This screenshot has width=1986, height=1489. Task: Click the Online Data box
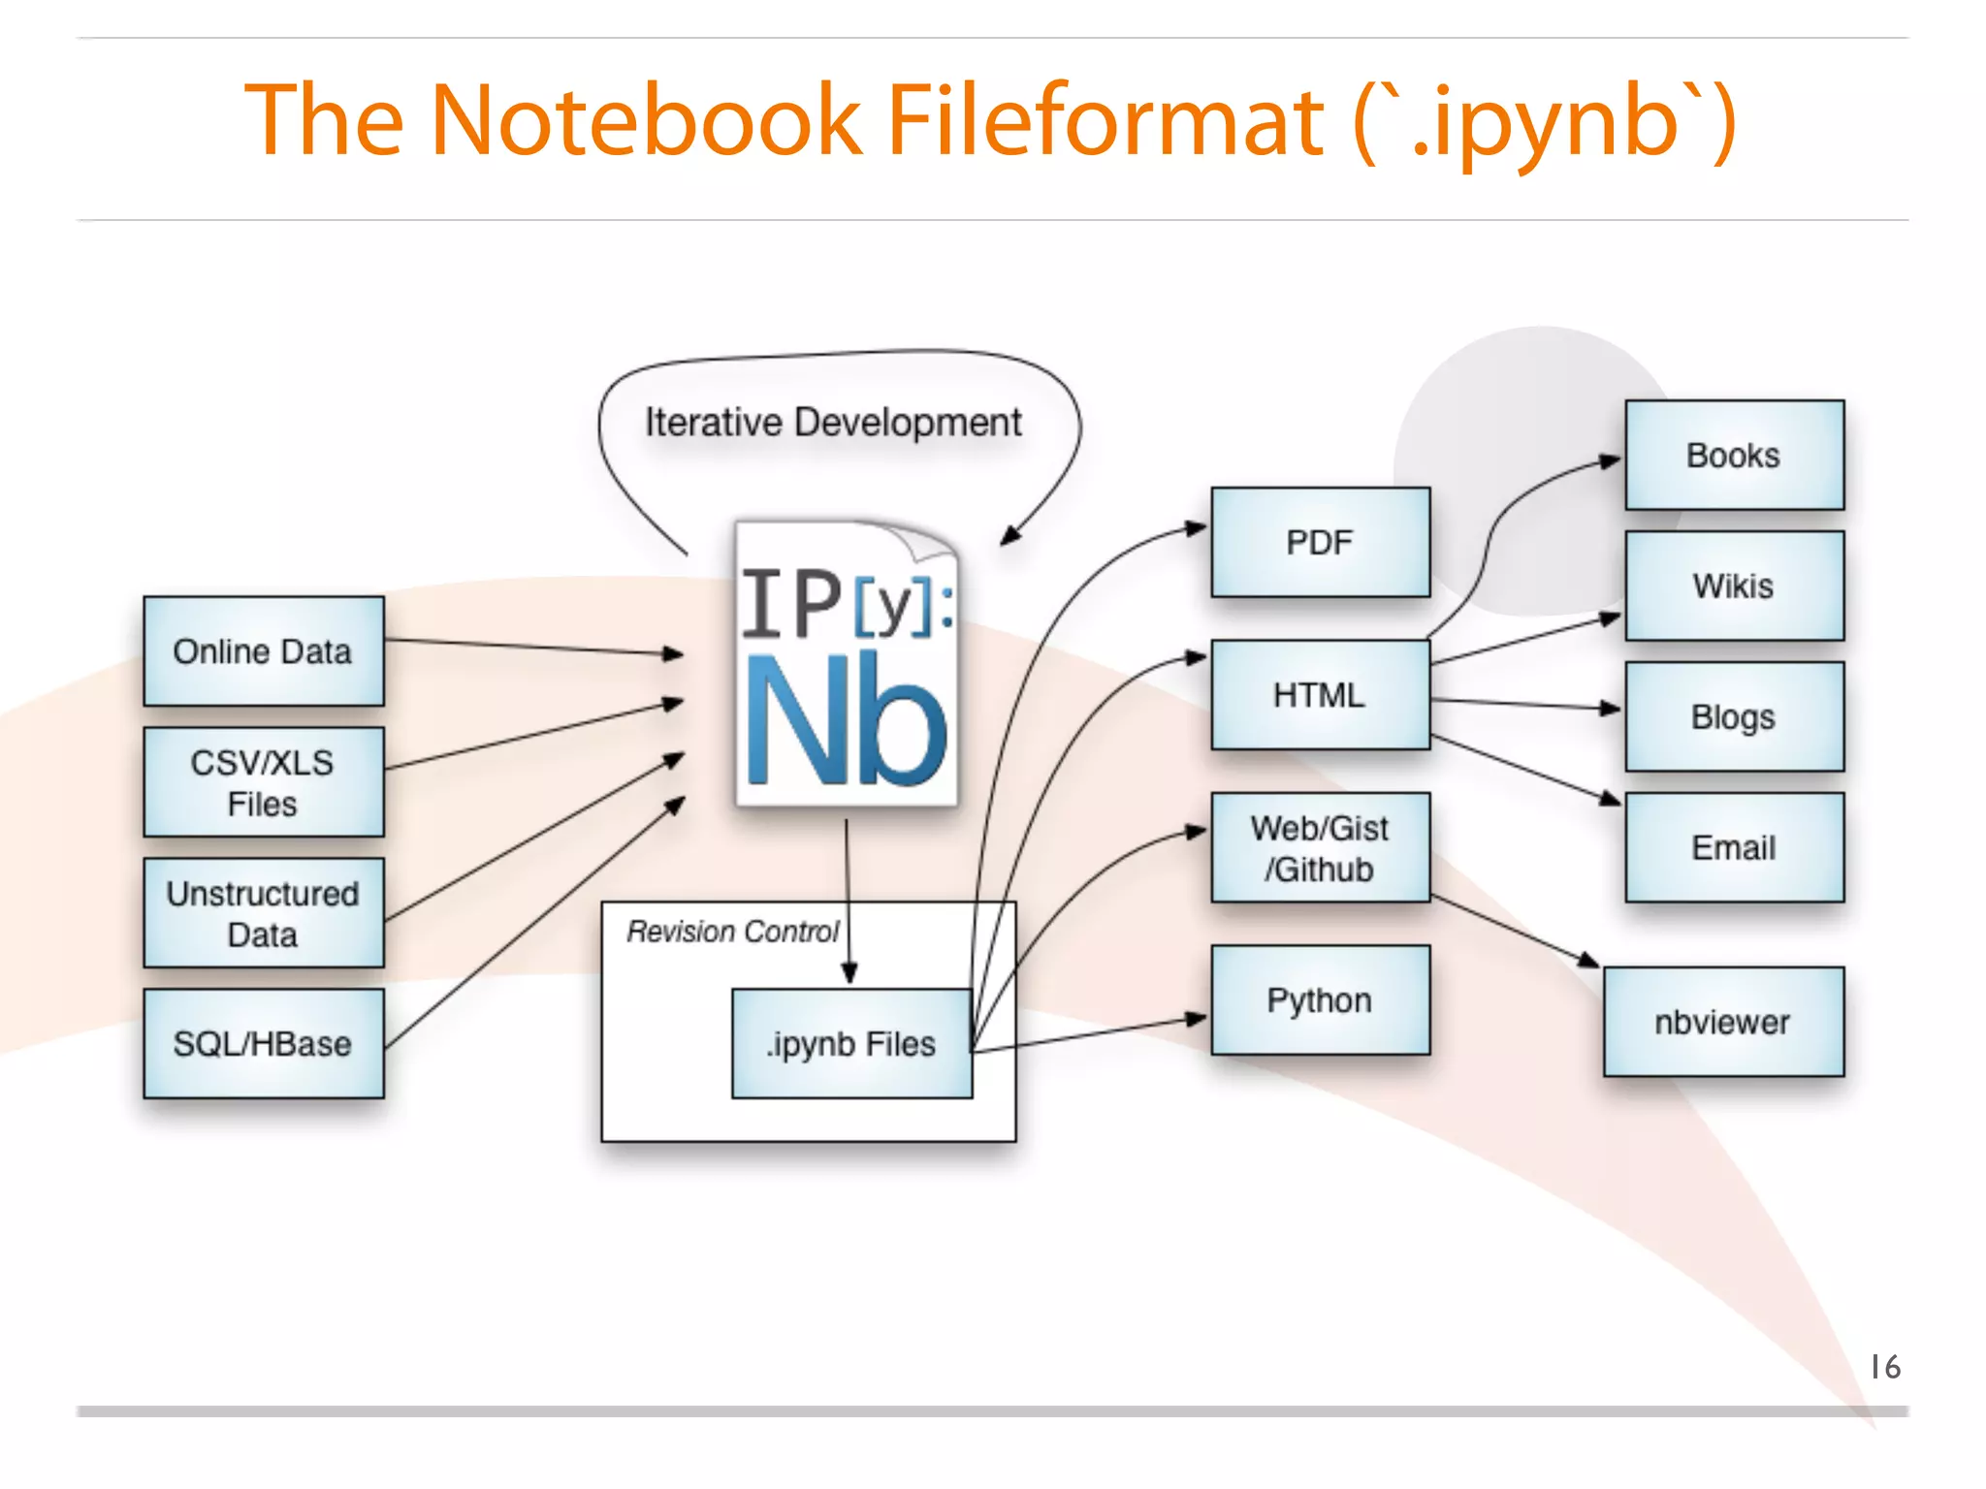tap(263, 651)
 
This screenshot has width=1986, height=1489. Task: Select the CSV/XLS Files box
tap(263, 782)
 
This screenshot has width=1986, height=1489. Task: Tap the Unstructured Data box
tap(263, 913)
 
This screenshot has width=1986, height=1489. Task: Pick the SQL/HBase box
tap(263, 1043)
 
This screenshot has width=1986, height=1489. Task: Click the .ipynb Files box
tap(851, 1043)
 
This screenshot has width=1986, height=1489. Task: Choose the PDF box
tap(1320, 542)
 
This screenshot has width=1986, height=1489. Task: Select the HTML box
tap(1320, 694)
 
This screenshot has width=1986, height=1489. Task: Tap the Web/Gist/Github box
tap(1320, 847)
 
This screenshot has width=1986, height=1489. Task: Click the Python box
tap(1320, 999)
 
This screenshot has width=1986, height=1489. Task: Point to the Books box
tap(1734, 455)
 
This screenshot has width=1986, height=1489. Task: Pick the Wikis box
tap(1734, 586)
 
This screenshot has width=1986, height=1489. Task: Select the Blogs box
tap(1734, 716)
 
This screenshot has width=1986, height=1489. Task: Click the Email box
tap(1734, 847)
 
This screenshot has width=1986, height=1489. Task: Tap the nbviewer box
tap(1723, 1022)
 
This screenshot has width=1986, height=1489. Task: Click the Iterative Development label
tap(833, 423)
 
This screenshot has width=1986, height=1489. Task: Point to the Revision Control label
tap(732, 932)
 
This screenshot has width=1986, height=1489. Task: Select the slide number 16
tap(1885, 1367)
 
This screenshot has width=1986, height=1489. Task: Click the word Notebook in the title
tap(645, 120)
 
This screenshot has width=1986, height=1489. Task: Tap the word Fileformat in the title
tap(1105, 120)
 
